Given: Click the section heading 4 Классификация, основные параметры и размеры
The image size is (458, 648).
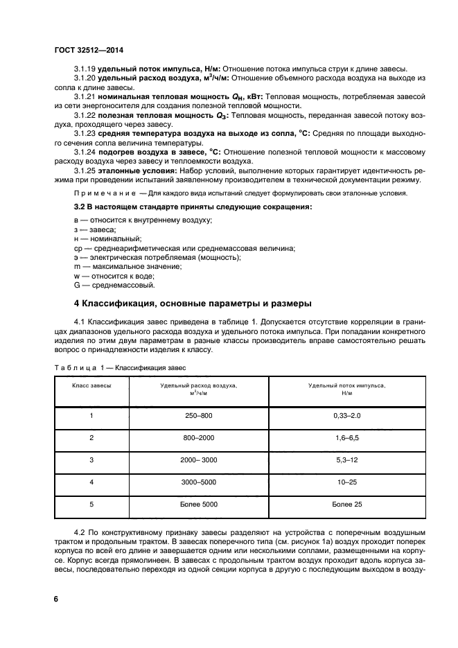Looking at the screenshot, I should tap(193, 303).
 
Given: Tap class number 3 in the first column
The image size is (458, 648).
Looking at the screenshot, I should tap(91, 459).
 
